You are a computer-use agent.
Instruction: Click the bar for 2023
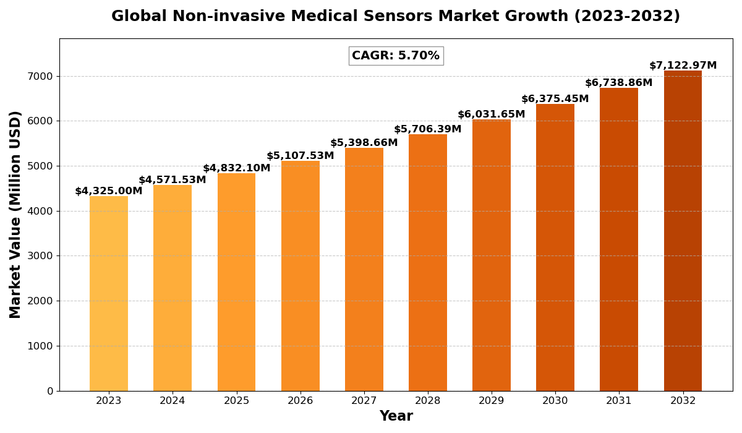tap(109, 294)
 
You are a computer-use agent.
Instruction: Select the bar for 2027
tap(364, 270)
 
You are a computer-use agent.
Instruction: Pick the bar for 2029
tap(492, 255)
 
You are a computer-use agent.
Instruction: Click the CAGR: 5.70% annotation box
tap(396, 56)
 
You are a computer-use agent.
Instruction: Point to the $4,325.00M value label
tap(109, 191)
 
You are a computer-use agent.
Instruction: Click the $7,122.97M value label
tap(683, 66)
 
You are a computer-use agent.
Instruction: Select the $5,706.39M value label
tap(428, 129)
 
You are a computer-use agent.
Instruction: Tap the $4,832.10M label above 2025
tap(237, 168)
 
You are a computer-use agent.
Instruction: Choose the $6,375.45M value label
tap(555, 99)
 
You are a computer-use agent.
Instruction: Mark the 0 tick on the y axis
tap(49, 391)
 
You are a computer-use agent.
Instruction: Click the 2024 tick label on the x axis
tap(173, 401)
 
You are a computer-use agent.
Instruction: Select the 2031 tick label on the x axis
tap(619, 401)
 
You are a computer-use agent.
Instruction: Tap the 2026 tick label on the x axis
tap(301, 401)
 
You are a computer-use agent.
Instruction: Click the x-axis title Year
tap(396, 416)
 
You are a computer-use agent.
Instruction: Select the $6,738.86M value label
tap(619, 83)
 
